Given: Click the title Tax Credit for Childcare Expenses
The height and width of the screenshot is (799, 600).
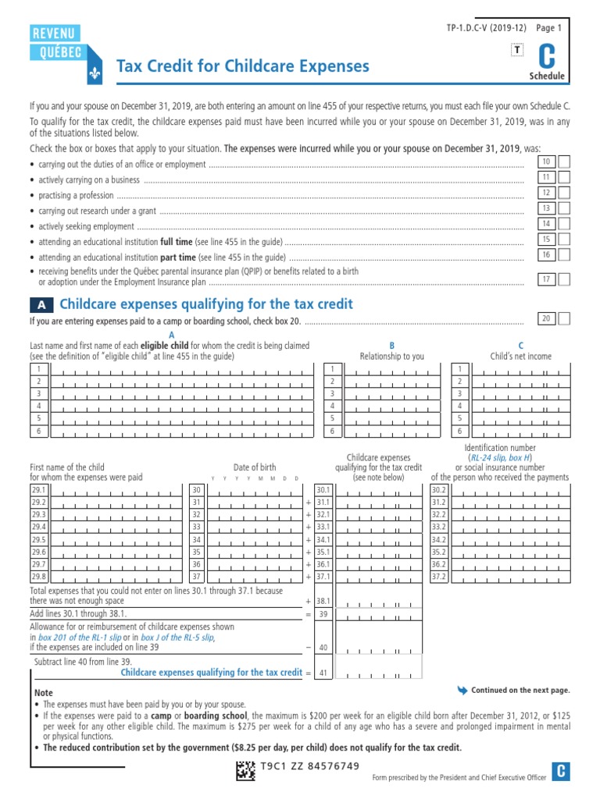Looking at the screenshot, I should pyautogui.click(x=243, y=66).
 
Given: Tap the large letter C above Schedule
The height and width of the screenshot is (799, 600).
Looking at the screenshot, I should pyautogui.click(x=548, y=57).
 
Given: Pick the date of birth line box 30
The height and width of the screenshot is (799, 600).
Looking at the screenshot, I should pyautogui.click(x=197, y=489).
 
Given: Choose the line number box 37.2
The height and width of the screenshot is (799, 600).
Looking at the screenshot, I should pyautogui.click(x=439, y=577).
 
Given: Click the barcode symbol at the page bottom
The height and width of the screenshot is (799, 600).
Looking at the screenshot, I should pyautogui.click(x=245, y=771).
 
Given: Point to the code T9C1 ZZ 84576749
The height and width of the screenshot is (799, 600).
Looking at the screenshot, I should pyautogui.click(x=311, y=765).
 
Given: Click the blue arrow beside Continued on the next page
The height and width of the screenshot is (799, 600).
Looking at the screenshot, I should pyautogui.click(x=462, y=690).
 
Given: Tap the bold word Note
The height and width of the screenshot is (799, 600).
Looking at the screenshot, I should pyautogui.click(x=44, y=693).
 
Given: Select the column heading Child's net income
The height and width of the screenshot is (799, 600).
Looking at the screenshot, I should pyautogui.click(x=520, y=356).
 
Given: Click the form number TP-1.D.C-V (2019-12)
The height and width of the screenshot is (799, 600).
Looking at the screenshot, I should pyautogui.click(x=482, y=28).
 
